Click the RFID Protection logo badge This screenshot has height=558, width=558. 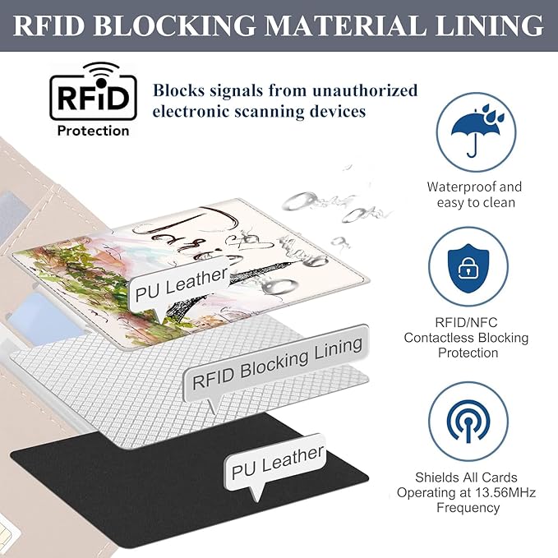pyautogui.click(x=93, y=99)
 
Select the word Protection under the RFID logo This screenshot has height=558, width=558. pyautogui.click(x=93, y=131)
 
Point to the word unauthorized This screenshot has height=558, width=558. pyautogui.click(x=365, y=90)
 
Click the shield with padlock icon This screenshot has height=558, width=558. pyautogui.click(x=468, y=268)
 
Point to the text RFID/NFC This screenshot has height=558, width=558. pyautogui.click(x=466, y=322)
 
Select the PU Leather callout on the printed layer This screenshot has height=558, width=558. pyautogui.click(x=181, y=284)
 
